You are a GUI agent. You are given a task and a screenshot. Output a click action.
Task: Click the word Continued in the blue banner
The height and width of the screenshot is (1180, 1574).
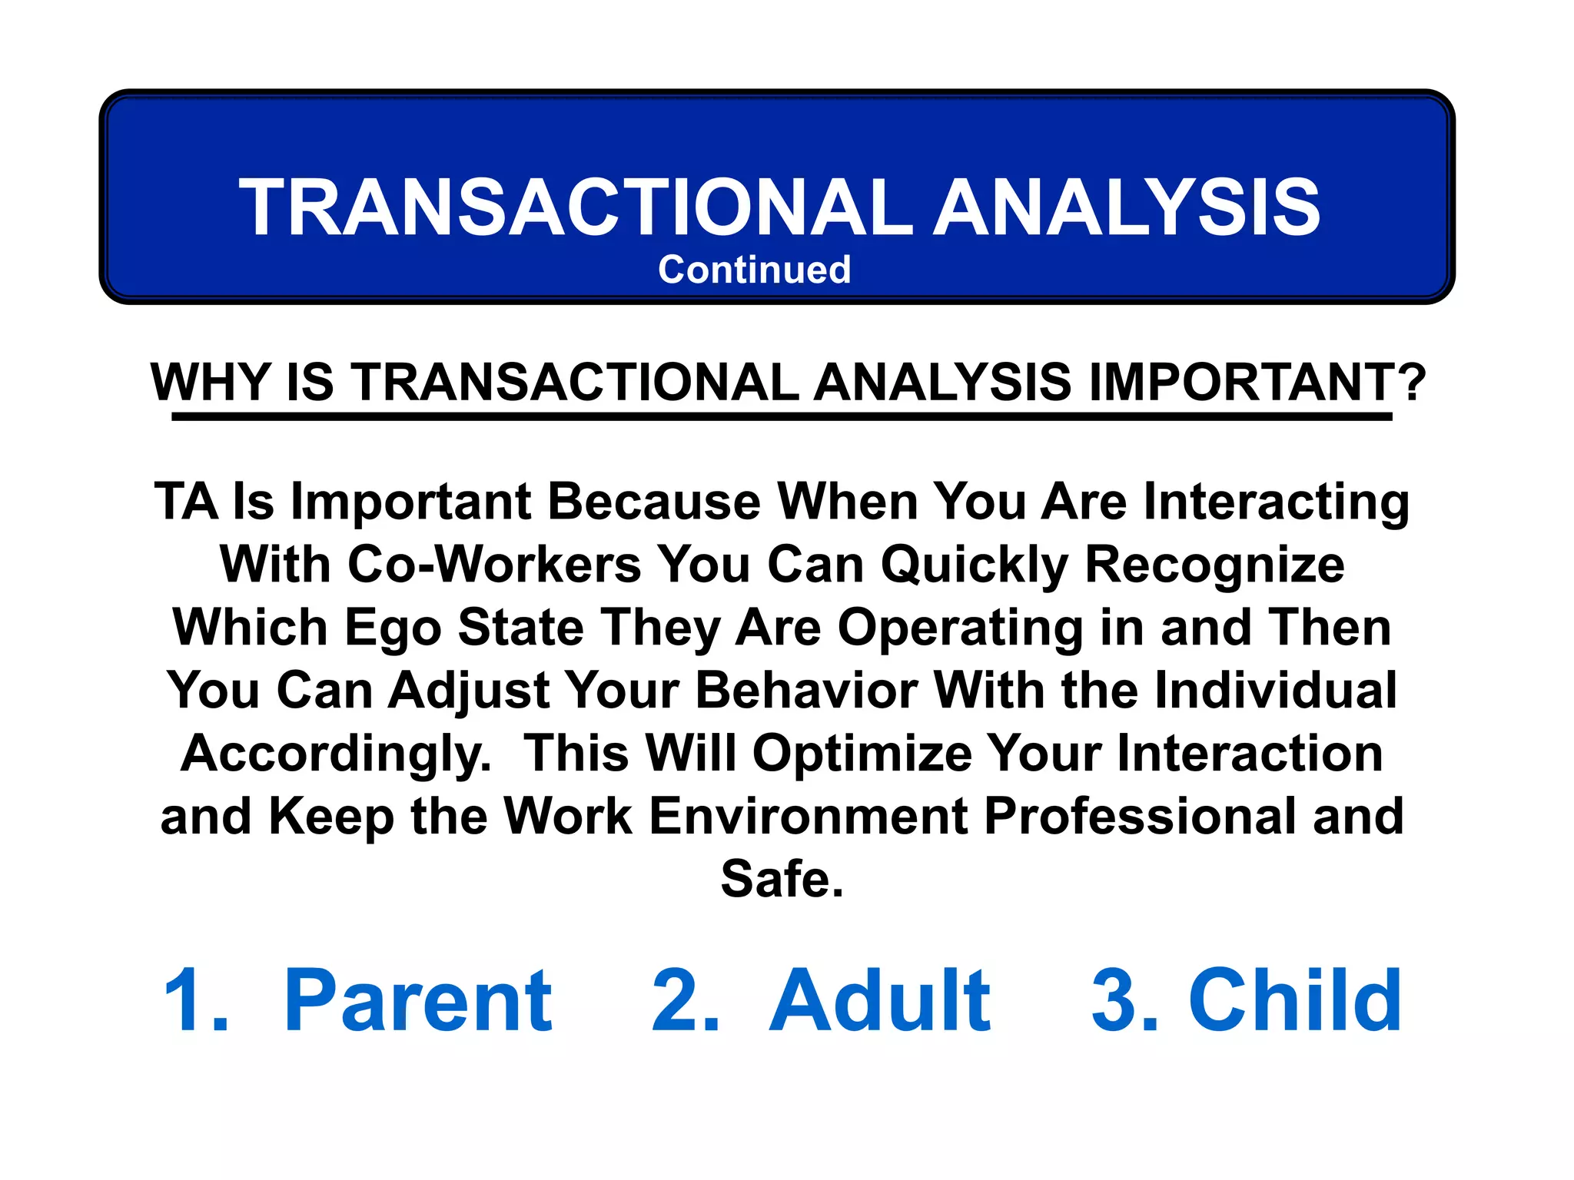[754, 270]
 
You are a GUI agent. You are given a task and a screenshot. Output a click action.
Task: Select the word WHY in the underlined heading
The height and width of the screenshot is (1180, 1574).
[211, 382]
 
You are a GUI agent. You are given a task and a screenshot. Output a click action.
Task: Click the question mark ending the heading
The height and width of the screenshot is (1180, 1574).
[1411, 382]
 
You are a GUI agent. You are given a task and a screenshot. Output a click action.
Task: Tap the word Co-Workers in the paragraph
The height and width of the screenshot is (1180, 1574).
[494, 565]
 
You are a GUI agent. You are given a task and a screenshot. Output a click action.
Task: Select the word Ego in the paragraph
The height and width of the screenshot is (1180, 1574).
[392, 628]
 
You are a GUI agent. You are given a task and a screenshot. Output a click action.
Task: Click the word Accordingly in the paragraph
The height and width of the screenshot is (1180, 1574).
[334, 754]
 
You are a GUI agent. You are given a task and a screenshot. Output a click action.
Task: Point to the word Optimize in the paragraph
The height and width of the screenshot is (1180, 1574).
[862, 754]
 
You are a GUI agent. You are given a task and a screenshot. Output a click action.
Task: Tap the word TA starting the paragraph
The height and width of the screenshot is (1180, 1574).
[185, 502]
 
